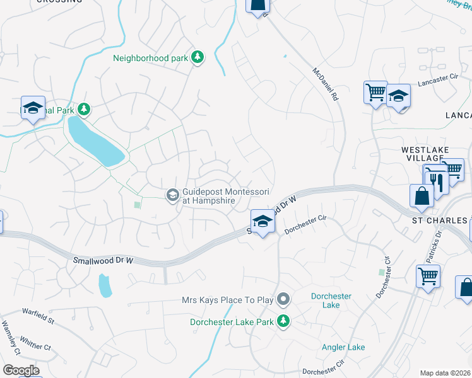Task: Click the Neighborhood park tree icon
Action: [198, 58]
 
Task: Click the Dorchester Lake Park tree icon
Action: [283, 322]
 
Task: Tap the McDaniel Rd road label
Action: [326, 85]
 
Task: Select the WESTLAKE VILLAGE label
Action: [427, 154]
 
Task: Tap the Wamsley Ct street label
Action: [11, 338]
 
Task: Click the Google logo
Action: [21, 370]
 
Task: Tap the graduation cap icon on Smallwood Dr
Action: [263, 221]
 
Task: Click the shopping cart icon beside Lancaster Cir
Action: [376, 93]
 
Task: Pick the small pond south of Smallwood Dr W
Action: [105, 286]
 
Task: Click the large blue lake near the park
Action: [95, 141]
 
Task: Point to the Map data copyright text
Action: [445, 373]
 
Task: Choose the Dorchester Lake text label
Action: [331, 301]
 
